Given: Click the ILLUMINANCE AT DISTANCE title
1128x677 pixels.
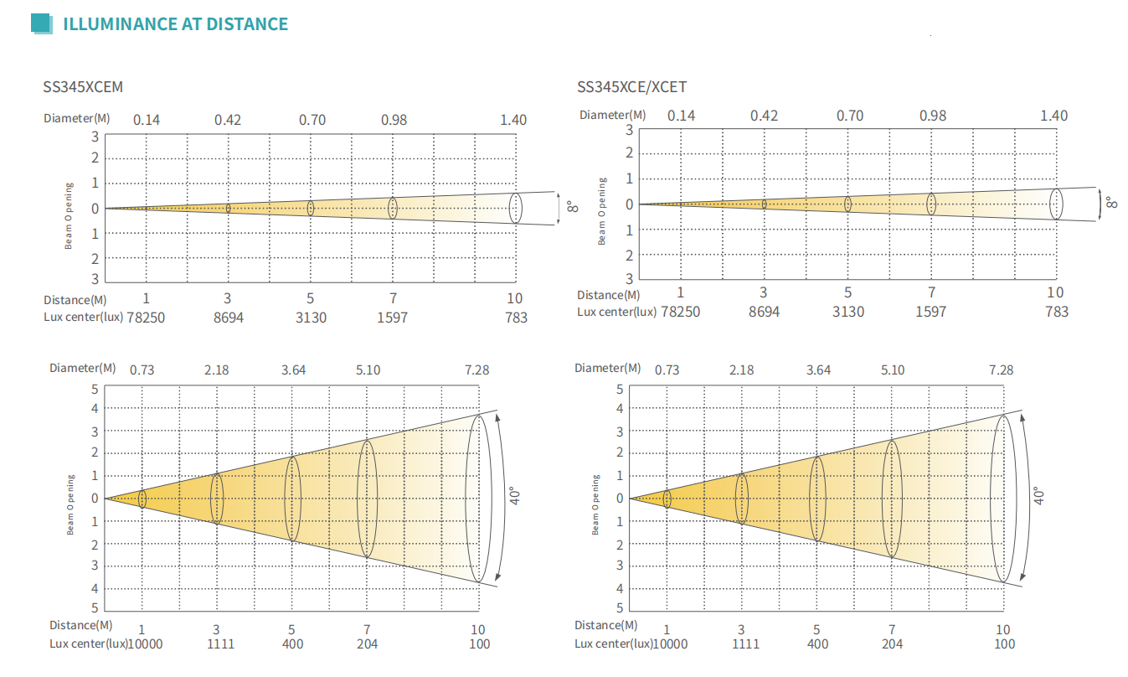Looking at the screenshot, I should [176, 24].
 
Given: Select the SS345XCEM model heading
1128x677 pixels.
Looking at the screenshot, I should [84, 86].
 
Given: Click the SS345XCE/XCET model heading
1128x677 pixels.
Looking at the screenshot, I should [632, 87].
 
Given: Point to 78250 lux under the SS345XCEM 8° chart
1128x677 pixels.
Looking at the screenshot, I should [145, 318].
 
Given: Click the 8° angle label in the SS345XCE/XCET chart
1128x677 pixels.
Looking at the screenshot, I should [1110, 203].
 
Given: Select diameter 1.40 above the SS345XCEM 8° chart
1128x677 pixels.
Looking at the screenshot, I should [513, 120].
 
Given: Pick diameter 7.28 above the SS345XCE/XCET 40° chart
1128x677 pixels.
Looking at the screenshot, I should [1001, 370].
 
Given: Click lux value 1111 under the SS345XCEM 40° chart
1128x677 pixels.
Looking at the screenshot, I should [220, 643].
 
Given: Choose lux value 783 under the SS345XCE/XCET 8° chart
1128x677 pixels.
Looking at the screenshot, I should [1057, 312].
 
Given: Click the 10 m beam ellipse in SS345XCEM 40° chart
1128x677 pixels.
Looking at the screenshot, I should [478, 499].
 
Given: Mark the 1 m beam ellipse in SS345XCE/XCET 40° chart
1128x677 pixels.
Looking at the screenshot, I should [667, 499].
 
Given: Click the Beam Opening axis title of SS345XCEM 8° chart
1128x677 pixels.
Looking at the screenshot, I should [69, 215].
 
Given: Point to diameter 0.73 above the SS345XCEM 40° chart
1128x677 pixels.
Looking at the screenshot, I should [142, 370].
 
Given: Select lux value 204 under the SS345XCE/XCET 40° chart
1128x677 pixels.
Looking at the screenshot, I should [892, 643].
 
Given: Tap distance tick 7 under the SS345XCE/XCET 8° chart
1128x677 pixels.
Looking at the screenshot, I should [931, 292].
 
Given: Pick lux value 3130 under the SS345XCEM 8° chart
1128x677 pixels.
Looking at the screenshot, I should [310, 318].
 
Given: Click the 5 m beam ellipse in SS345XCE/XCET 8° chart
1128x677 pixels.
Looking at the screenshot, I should [848, 204].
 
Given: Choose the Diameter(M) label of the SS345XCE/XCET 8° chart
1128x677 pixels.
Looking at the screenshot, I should [612, 115].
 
